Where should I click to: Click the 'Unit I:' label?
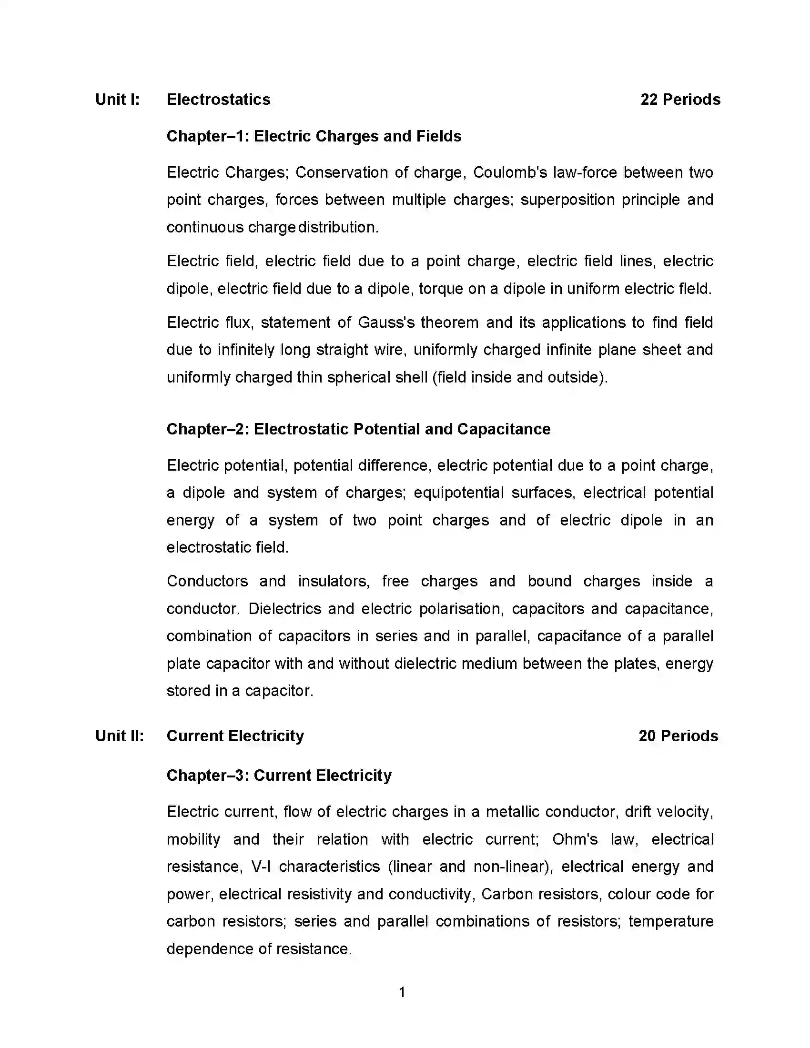118,100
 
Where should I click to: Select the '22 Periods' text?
680,100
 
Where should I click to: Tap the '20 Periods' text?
678,736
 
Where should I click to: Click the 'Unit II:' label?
120,736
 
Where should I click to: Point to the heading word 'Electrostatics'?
218,100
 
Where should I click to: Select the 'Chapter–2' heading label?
207,429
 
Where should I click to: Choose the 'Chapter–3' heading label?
207,776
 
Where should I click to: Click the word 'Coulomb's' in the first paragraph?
510,172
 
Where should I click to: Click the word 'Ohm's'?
575,839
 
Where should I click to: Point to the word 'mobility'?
193,839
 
